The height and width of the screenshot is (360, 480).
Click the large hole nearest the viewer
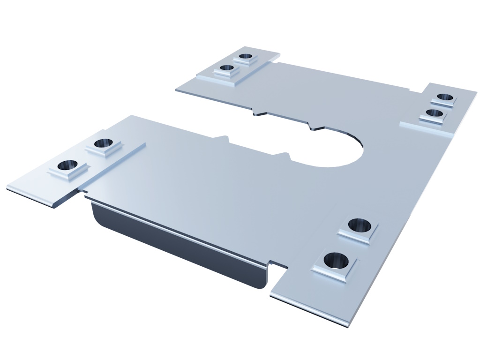tap(336, 259)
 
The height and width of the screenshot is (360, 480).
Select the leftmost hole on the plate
tap(67, 165)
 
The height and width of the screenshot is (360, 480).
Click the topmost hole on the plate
tap(245, 57)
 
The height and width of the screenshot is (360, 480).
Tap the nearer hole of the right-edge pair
tap(435, 112)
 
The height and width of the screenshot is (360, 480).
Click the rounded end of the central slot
tap(356, 150)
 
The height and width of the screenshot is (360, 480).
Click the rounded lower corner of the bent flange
tap(263, 284)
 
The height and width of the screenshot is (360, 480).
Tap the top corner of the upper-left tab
tap(244, 47)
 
